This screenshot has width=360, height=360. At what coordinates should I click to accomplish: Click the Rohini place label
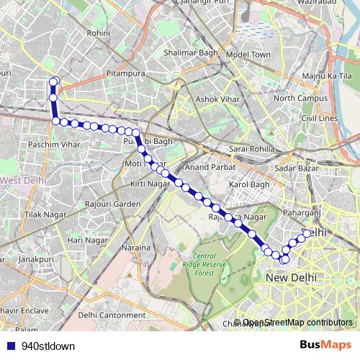point(97,33)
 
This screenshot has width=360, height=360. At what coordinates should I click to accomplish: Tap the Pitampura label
point(126,73)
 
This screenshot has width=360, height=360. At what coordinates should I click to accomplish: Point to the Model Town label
point(247,55)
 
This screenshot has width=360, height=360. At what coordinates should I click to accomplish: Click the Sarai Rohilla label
point(251,148)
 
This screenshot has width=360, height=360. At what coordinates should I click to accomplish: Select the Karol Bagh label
point(248,185)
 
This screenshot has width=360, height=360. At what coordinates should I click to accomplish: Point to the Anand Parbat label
point(206,166)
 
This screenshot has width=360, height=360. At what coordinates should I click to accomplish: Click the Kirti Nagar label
point(149,185)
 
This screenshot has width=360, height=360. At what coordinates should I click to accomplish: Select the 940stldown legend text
point(48,346)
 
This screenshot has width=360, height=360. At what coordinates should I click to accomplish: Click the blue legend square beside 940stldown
point(9,346)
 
